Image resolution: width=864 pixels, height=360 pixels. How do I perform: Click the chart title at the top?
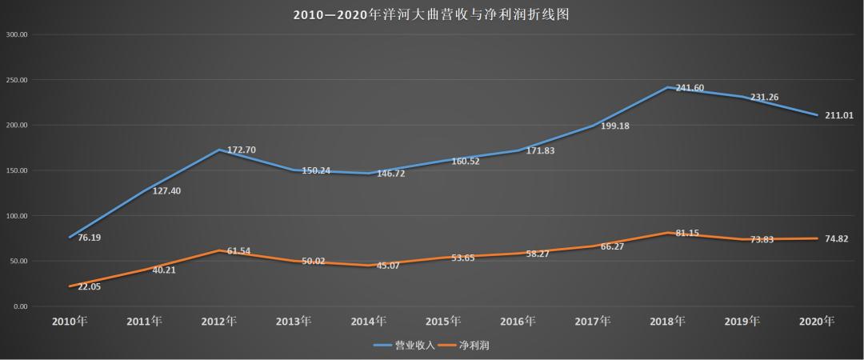pyautogui.click(x=431, y=15)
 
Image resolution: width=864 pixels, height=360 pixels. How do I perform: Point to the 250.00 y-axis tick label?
pyautogui.click(x=17, y=80)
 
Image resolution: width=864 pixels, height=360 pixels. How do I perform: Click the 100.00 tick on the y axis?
pyautogui.click(x=17, y=216)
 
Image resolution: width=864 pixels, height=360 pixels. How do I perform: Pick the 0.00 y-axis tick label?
pyautogui.click(x=20, y=306)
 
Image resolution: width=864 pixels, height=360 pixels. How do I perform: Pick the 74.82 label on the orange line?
pyautogui.click(x=839, y=238)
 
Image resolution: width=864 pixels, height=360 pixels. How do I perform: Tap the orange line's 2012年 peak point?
pyautogui.click(x=218, y=250)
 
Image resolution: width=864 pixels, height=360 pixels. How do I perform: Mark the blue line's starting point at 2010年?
pyautogui.click(x=70, y=238)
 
